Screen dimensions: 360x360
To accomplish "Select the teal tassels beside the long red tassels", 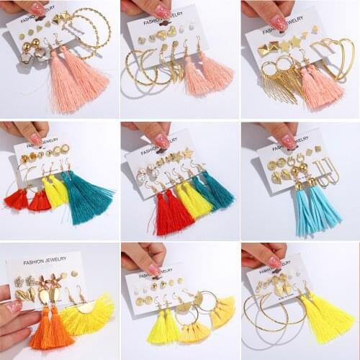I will [x=214, y=190].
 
